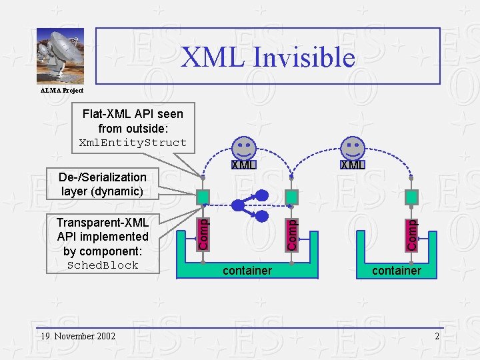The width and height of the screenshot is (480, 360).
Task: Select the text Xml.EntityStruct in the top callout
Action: point(133,143)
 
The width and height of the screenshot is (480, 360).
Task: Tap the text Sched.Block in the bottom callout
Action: point(103,265)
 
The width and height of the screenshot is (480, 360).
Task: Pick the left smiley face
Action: point(243,147)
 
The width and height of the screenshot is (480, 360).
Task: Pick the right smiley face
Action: point(352,147)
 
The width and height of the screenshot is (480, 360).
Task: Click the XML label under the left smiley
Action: point(243,165)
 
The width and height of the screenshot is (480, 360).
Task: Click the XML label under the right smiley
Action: point(352,165)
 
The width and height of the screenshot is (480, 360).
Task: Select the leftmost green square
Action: point(203,197)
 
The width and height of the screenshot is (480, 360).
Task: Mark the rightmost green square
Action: point(412,197)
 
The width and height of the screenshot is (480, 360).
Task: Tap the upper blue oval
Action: point(263,195)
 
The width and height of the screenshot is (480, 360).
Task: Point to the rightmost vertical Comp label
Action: point(412,235)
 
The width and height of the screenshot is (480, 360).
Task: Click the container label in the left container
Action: point(247,271)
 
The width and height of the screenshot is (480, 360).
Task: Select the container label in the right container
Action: point(397,271)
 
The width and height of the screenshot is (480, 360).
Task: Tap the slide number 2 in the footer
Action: point(437,336)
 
